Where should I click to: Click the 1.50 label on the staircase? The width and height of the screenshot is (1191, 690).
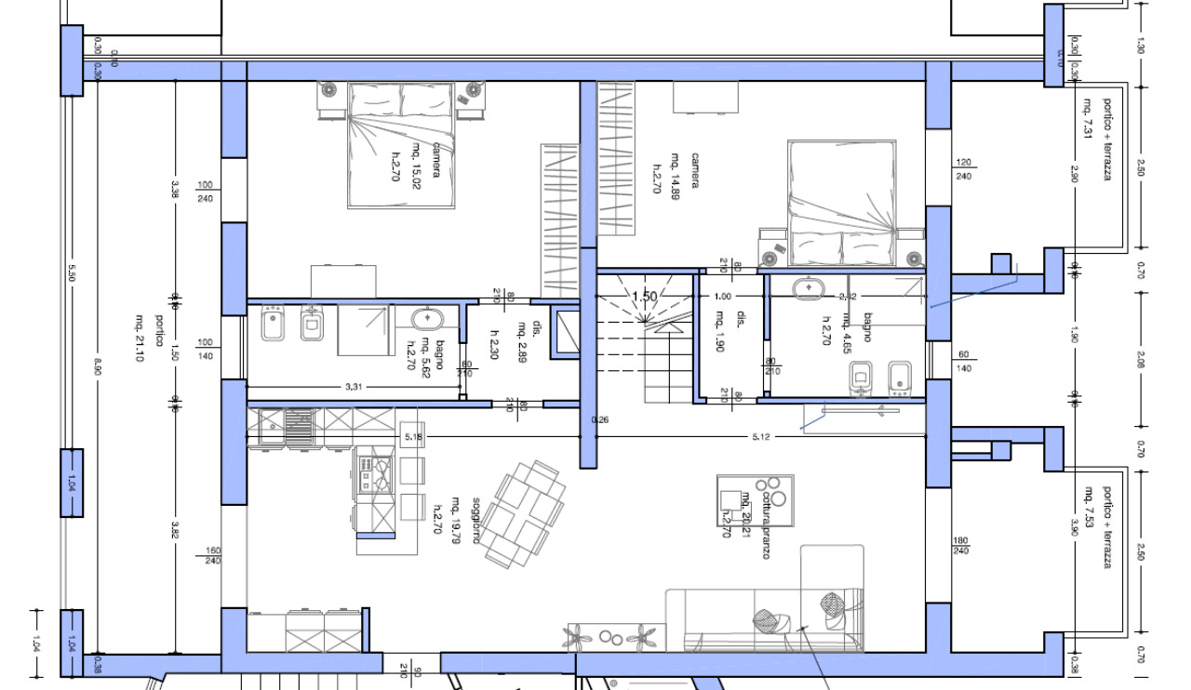645,298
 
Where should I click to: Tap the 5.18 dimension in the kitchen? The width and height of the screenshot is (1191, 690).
388,436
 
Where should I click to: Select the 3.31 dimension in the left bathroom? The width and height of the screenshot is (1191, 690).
354,385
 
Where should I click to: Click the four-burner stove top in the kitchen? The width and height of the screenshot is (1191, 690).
375,471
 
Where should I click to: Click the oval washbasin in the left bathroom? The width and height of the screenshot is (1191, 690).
428,318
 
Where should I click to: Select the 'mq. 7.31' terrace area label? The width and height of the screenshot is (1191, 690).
1087,117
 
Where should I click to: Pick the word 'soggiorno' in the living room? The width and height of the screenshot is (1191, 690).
476,521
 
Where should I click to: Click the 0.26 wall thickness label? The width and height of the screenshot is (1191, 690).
575,419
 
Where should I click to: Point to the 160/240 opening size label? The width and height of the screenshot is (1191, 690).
211,555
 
